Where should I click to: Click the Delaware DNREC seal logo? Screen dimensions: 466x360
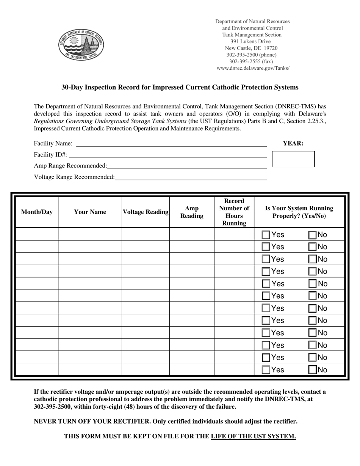point(81,44)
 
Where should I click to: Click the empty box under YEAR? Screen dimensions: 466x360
point(293,159)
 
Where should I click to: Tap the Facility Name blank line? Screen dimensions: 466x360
point(171,144)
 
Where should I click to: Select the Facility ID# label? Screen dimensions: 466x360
point(50,155)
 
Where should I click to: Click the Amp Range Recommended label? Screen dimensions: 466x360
point(70,166)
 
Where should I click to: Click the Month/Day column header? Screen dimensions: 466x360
point(37,212)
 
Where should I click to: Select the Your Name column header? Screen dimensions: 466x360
point(90,212)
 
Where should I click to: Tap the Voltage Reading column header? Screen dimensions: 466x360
point(146,212)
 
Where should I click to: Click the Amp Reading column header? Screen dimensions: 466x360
point(192,212)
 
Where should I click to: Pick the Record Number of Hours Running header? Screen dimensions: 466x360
point(234,212)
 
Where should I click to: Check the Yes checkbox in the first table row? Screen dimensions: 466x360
point(266,235)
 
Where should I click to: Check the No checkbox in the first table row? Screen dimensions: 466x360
point(312,235)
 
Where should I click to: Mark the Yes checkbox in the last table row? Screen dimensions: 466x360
point(266,370)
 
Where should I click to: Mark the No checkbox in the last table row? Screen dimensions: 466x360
point(312,370)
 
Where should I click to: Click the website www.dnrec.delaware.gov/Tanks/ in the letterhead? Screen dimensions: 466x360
point(253,69)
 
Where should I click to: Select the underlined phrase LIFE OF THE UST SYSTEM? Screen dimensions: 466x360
point(253,436)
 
